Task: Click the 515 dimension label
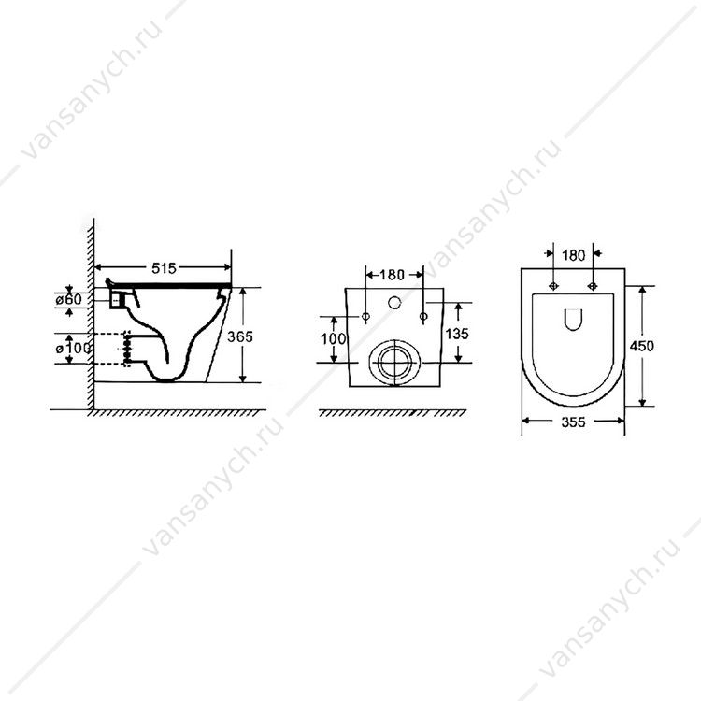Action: tap(165, 268)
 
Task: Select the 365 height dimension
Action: tap(240, 336)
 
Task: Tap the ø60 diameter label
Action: tap(69, 299)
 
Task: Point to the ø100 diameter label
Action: tap(74, 348)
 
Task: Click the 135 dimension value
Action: tap(457, 333)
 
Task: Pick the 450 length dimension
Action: tap(641, 346)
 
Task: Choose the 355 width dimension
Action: tap(574, 422)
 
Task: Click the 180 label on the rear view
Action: tap(392, 275)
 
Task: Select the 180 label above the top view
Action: tap(573, 255)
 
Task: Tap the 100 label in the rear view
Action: tap(334, 339)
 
